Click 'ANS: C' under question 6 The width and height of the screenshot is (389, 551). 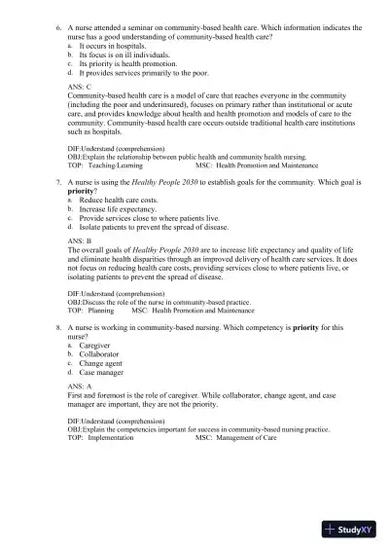tap(83, 86)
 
